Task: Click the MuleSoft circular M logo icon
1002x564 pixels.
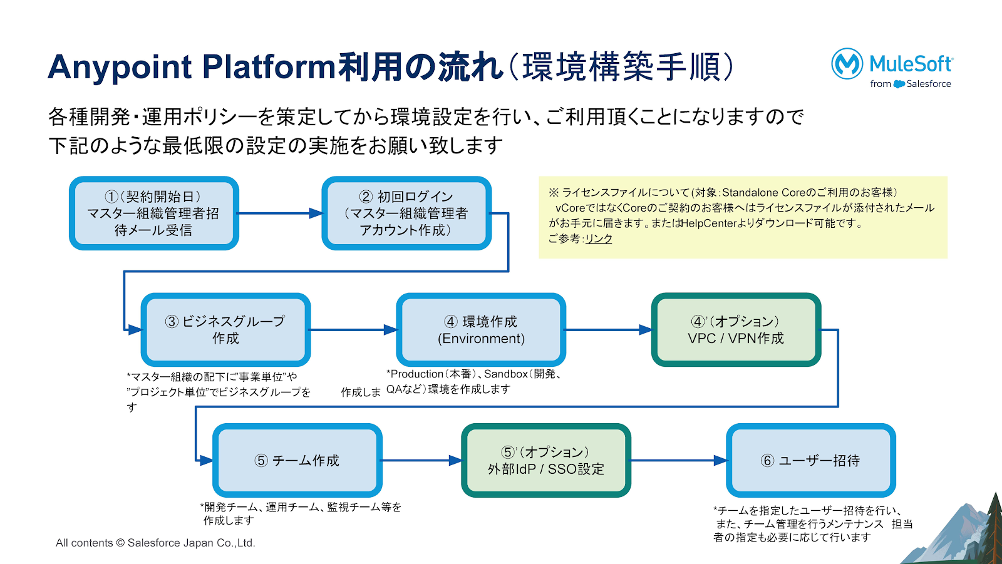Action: pyautogui.click(x=847, y=63)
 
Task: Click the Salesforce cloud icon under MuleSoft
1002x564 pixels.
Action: pyautogui.click(x=899, y=84)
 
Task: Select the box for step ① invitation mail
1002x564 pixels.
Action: pyautogui.click(x=153, y=213)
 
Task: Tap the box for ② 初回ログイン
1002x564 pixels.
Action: pyautogui.click(x=406, y=213)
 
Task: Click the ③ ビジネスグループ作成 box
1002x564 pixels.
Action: pyautogui.click(x=225, y=330)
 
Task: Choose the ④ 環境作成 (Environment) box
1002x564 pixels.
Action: pyautogui.click(x=481, y=330)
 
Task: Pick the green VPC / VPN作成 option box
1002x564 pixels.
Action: pyautogui.click(x=736, y=330)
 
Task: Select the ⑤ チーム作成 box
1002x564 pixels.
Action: pyautogui.click(x=297, y=461)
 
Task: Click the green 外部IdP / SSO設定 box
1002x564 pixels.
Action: pyautogui.click(x=545, y=461)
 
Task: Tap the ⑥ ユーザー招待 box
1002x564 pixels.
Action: pyautogui.click(x=810, y=461)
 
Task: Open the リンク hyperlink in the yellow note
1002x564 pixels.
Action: pyautogui.click(x=599, y=238)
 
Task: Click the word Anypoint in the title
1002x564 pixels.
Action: pyautogui.click(x=120, y=67)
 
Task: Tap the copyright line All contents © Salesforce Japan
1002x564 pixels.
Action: pyautogui.click(x=155, y=543)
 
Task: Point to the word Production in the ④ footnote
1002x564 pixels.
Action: pyautogui.click(x=417, y=374)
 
